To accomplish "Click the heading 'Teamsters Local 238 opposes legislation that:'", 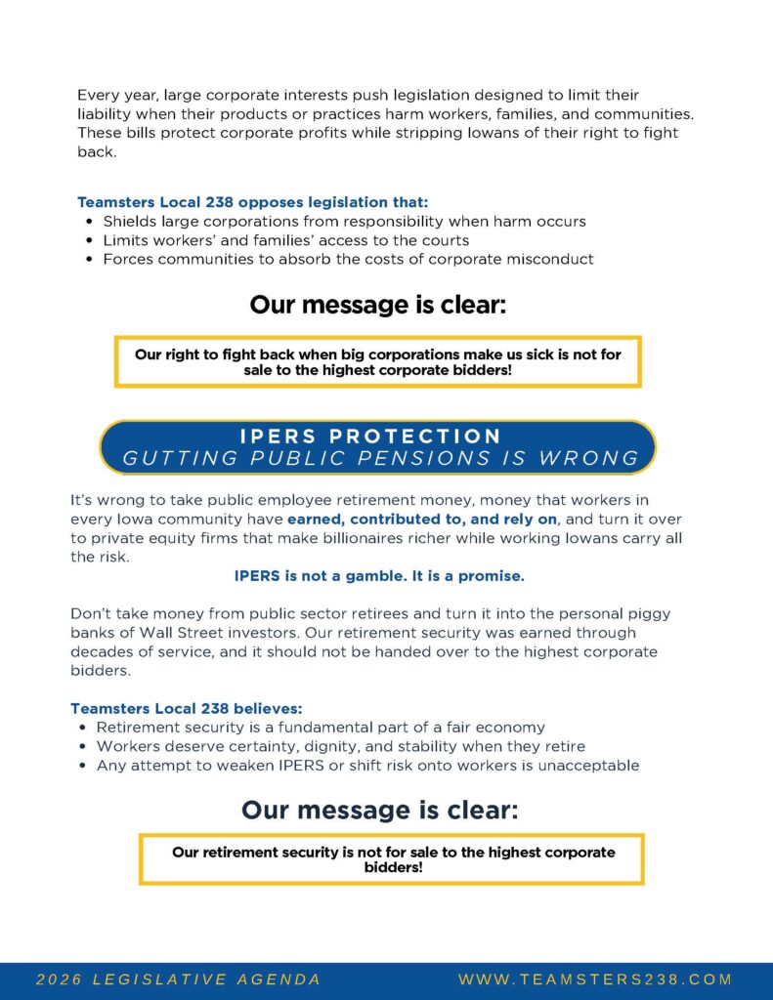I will pos(252,203).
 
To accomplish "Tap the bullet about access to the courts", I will pos(285,240).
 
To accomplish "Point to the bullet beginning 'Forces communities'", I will pos(348,259).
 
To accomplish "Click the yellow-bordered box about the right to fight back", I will pos(377,362).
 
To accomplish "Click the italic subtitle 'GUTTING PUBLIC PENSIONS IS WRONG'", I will pos(380,458).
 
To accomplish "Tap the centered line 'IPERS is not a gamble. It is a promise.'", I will pos(379,576).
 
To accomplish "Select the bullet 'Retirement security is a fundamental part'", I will pos(321,728).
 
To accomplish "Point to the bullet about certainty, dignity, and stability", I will pos(340,746).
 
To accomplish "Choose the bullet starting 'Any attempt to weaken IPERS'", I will pos(367,766).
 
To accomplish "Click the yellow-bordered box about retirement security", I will pos(393,859).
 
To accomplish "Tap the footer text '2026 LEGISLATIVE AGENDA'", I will pos(179,979).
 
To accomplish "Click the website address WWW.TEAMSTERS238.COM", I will pos(594,979).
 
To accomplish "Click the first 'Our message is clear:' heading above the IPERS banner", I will pos(377,305).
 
